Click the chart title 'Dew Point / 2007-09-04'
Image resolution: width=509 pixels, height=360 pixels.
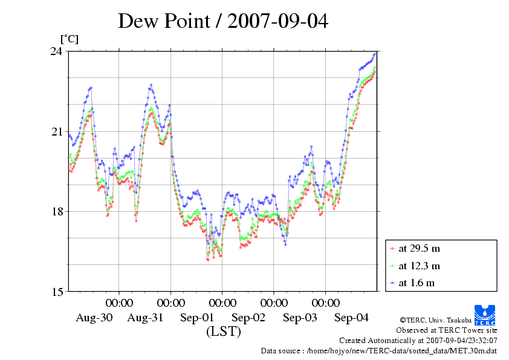click(222, 21)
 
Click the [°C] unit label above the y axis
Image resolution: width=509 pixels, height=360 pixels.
click(69, 39)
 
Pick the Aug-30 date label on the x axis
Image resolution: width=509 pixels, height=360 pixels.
click(94, 318)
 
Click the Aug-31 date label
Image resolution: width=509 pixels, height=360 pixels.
click(146, 318)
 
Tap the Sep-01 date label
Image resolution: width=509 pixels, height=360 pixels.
click(197, 318)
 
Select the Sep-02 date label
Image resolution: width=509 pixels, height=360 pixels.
click(248, 318)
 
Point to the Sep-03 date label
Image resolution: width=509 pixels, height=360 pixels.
click(300, 318)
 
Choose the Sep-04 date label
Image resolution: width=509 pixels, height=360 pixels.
click(351, 318)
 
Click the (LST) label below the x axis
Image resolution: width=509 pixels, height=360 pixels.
click(224, 332)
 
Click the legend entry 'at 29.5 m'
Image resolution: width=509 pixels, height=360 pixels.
click(418, 248)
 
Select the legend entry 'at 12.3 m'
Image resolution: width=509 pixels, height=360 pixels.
click(418, 266)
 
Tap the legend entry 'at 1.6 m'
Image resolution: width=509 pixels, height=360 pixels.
click(416, 283)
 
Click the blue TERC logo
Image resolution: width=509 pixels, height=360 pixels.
click(485, 312)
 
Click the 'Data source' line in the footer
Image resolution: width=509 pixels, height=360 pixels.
click(378, 350)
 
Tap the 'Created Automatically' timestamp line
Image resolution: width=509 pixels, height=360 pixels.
click(418, 341)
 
